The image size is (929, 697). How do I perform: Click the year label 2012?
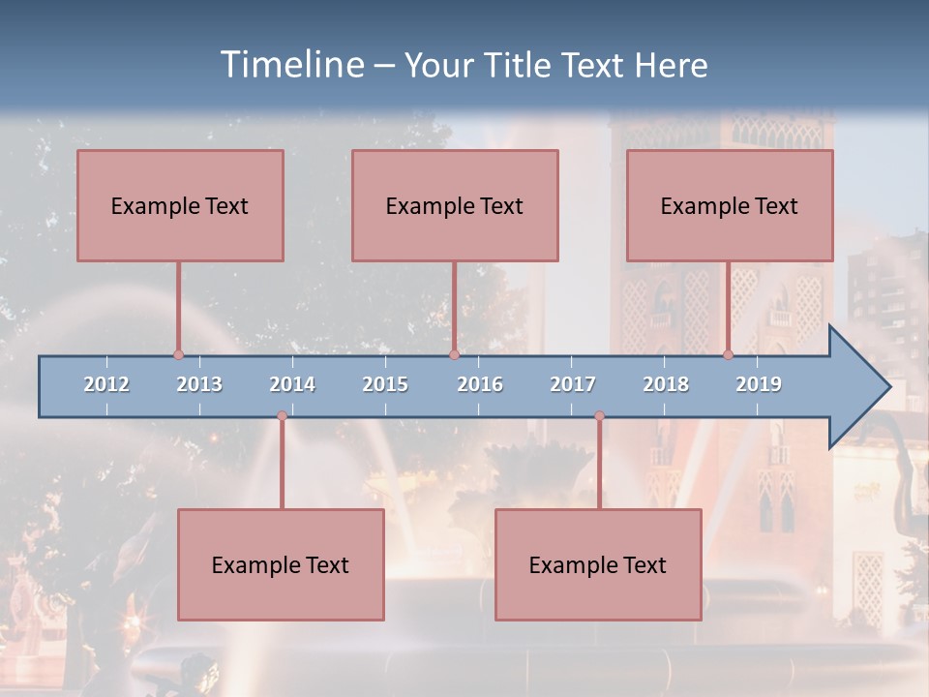(x=106, y=384)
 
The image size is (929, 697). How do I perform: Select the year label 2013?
(x=199, y=384)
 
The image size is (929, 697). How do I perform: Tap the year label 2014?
(x=292, y=384)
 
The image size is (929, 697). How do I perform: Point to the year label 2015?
(x=385, y=384)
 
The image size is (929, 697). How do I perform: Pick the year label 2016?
(x=480, y=384)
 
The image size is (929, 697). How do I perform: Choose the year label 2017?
(x=573, y=384)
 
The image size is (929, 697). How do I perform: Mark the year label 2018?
(x=666, y=384)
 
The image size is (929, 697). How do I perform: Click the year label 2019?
(x=759, y=384)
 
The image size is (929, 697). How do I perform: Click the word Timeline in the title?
(x=291, y=65)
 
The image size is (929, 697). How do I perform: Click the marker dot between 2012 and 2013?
(x=178, y=355)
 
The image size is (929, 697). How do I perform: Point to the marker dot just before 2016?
(x=454, y=355)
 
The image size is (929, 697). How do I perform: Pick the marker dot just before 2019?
(x=728, y=355)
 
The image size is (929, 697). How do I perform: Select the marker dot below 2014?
(x=282, y=416)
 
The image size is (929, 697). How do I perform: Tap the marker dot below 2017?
(x=599, y=416)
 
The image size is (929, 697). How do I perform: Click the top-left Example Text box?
(x=180, y=205)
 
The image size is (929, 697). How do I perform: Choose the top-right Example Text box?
(x=730, y=205)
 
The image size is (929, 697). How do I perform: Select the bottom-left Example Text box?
(x=281, y=564)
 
